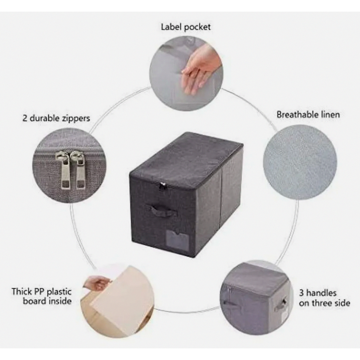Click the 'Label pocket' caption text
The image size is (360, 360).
click(x=185, y=27)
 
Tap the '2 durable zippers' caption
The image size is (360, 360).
click(x=56, y=118)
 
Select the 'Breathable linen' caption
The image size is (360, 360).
click(x=308, y=114)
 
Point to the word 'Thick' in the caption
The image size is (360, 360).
click(x=22, y=291)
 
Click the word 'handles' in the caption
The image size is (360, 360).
click(x=321, y=293)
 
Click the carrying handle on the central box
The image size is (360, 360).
click(x=164, y=210)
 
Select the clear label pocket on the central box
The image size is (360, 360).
click(x=177, y=240)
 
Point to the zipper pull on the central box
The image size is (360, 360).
click(x=163, y=185)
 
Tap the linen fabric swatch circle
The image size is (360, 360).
click(x=300, y=162)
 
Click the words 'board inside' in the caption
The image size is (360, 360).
click(x=47, y=301)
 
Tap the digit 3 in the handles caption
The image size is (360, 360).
click(x=301, y=293)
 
